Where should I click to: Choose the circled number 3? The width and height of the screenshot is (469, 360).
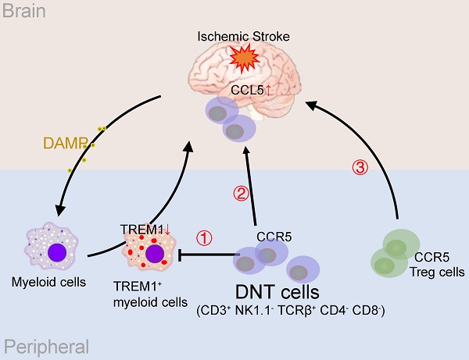(360, 167)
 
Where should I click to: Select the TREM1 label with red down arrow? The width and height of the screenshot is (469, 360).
(145, 229)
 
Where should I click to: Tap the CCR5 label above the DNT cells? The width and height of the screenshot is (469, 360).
(273, 236)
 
